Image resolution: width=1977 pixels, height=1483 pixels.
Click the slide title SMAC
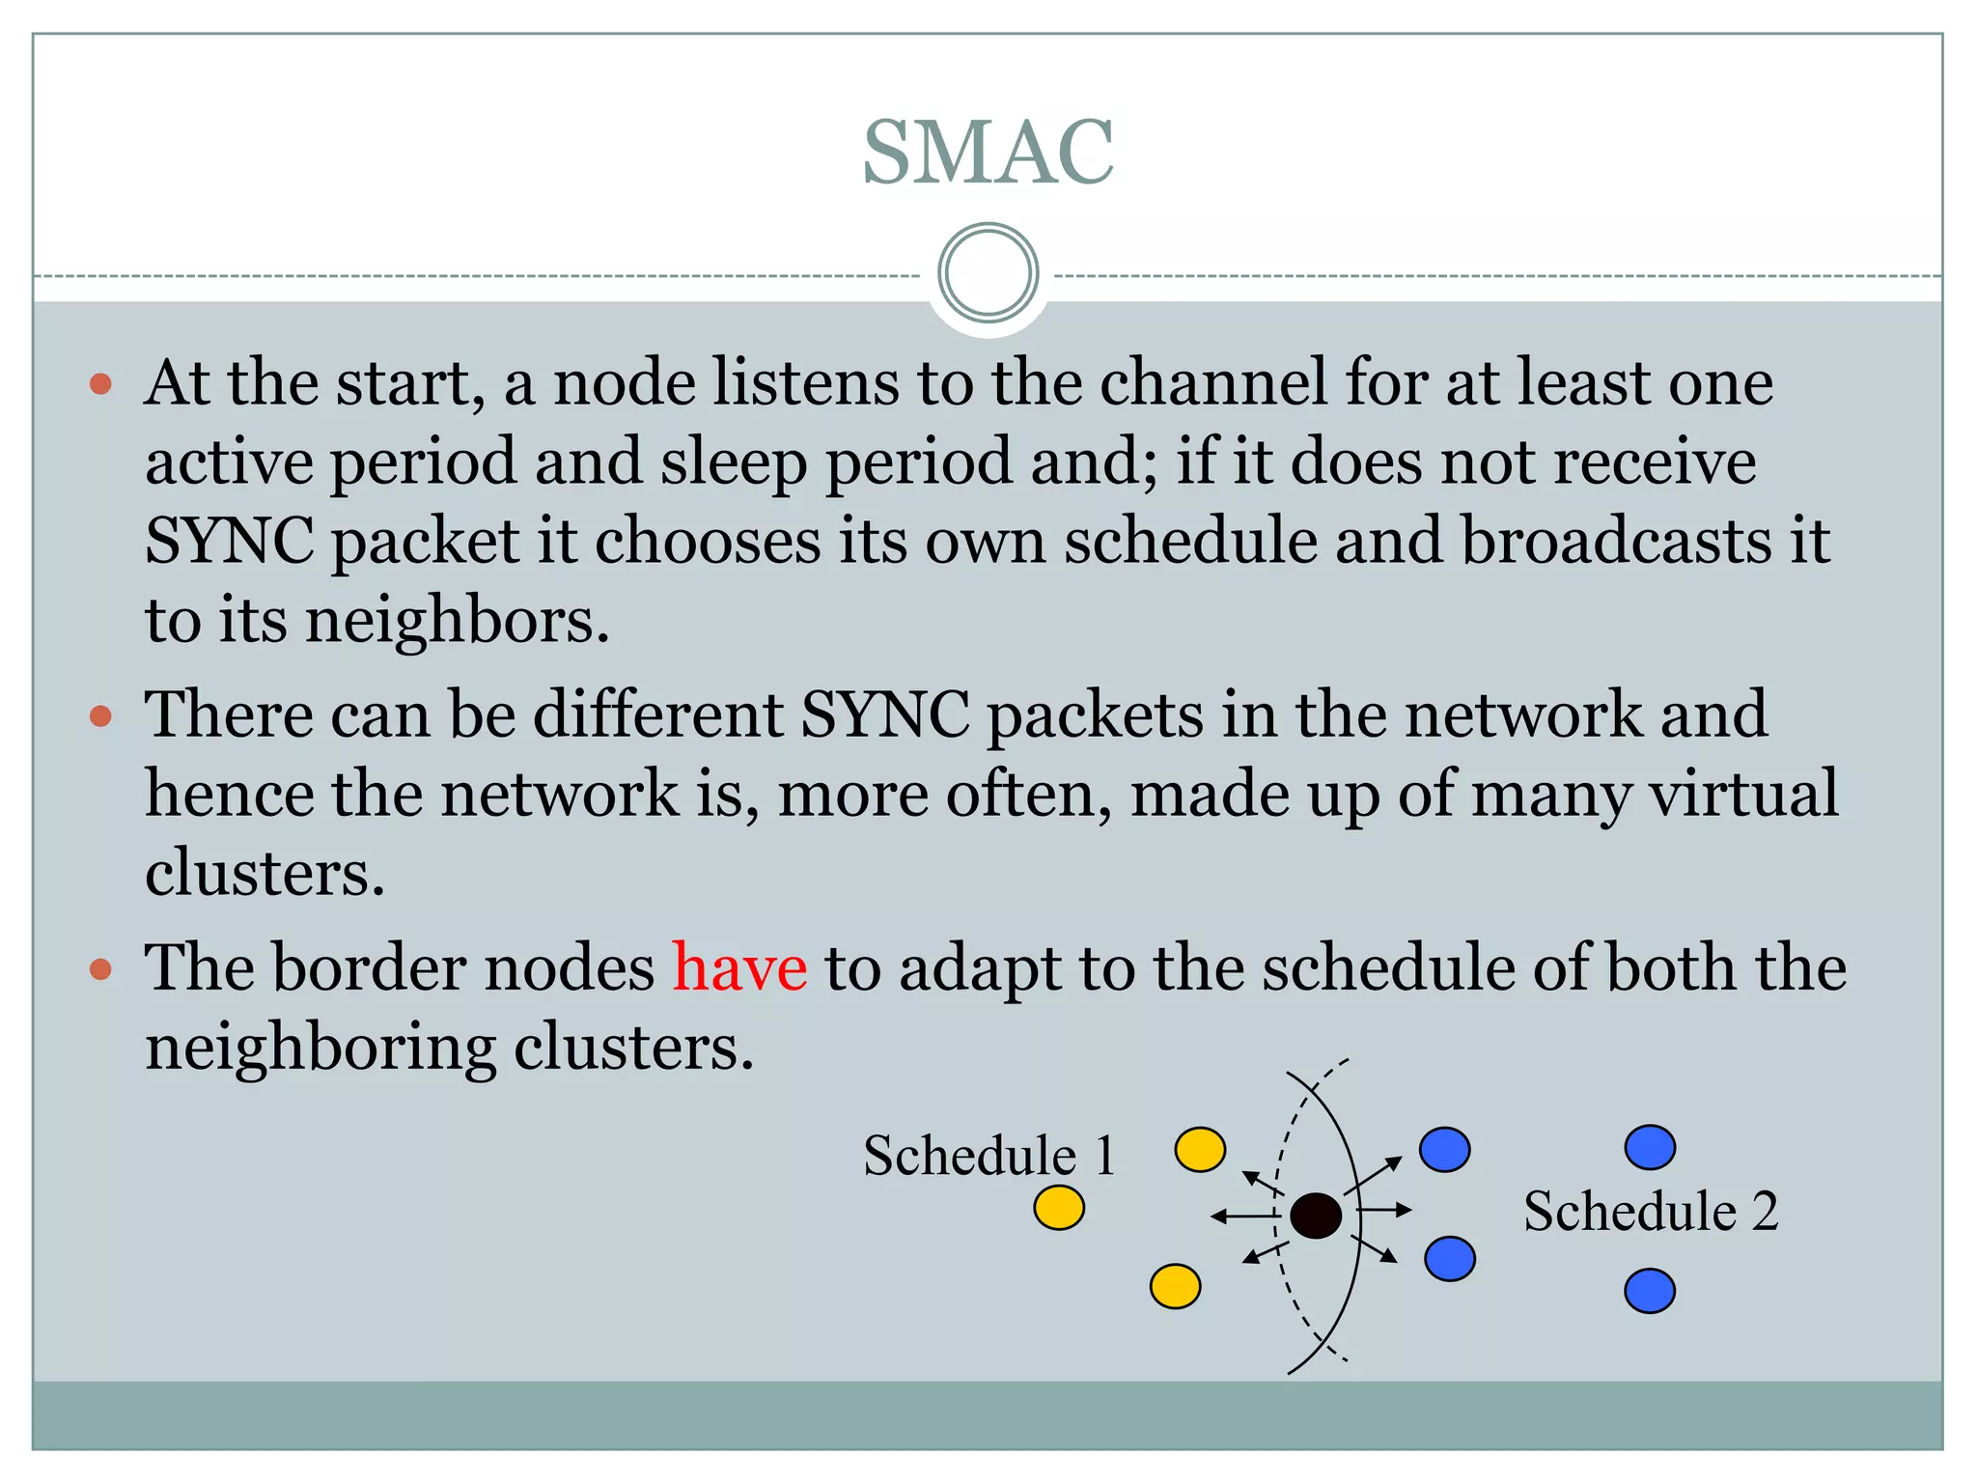tap(988, 152)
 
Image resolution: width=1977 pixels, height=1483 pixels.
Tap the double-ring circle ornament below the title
tap(988, 273)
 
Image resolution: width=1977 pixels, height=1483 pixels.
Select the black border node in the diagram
tap(1315, 1216)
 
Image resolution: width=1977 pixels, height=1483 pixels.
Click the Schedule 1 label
tap(988, 1156)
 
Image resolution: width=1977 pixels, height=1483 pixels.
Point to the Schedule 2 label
tap(1651, 1212)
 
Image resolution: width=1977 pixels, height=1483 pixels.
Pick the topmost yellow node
tap(1200, 1150)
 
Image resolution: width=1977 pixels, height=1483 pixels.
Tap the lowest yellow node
tap(1175, 1287)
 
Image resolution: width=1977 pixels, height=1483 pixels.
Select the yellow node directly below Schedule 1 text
tap(1059, 1208)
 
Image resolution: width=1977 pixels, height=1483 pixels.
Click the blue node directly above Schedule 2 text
tap(1650, 1148)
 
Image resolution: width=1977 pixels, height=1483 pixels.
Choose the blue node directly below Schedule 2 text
tap(1650, 1292)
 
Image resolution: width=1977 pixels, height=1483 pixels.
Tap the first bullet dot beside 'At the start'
tap(100, 384)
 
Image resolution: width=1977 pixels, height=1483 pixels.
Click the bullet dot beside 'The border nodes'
tap(100, 969)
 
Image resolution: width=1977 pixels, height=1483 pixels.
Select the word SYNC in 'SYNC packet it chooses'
tap(229, 541)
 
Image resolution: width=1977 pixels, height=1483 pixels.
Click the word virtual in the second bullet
tap(1742, 794)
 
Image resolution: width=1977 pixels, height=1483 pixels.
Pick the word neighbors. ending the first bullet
tap(458, 620)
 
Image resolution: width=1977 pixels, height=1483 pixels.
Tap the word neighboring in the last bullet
tap(320, 1048)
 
